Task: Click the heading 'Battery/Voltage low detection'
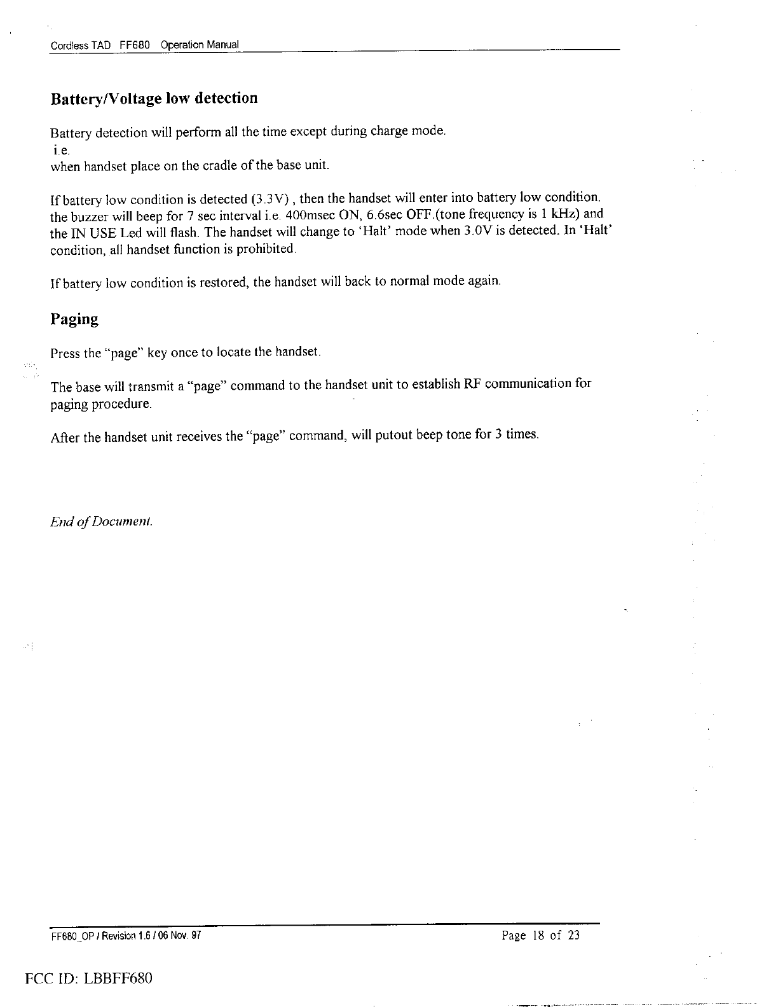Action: pyautogui.click(x=154, y=99)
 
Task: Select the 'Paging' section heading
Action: pyautogui.click(x=74, y=319)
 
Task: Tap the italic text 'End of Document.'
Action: pyautogui.click(x=102, y=522)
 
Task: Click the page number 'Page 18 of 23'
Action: pyautogui.click(x=540, y=935)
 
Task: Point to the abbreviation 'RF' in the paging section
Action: pyautogui.click(x=472, y=384)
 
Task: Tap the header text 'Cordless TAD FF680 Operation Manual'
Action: pyautogui.click(x=144, y=45)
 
